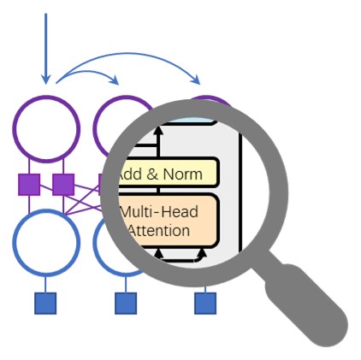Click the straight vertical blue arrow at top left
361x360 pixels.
[x=45, y=47]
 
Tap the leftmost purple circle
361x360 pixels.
[x=46, y=129]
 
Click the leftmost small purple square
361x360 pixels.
[x=29, y=184]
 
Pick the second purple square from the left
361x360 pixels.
[x=63, y=184]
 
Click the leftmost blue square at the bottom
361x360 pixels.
[x=45, y=303]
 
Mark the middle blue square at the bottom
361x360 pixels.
[x=126, y=303]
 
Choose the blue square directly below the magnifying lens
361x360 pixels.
[x=205, y=303]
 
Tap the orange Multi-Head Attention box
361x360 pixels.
[x=166, y=221]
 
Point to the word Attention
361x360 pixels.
[x=159, y=230]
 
